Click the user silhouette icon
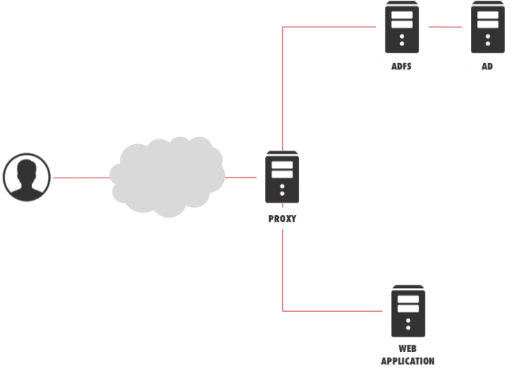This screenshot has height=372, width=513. [27, 177]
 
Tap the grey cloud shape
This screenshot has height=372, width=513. [167, 176]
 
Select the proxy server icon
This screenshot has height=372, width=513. [282, 177]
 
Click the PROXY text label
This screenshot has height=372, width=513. [282, 218]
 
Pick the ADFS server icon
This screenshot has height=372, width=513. [401, 27]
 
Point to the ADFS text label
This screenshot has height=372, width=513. [401, 67]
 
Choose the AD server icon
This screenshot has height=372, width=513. [487, 27]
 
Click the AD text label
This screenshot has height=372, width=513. [487, 67]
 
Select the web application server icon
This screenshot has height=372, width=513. [407, 311]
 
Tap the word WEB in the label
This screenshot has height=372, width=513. [407, 349]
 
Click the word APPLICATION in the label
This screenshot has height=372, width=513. [407, 361]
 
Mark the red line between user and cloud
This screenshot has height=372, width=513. [80, 178]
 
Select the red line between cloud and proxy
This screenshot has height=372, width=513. [241, 178]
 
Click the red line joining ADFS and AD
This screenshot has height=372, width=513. [445, 27]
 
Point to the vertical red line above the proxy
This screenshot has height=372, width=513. [283, 87]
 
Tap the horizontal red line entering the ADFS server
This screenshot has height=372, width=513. [331, 27]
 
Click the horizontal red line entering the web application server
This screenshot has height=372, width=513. [334, 311]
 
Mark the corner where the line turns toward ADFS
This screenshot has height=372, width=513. [283, 27]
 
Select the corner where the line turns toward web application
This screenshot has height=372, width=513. [283, 311]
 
